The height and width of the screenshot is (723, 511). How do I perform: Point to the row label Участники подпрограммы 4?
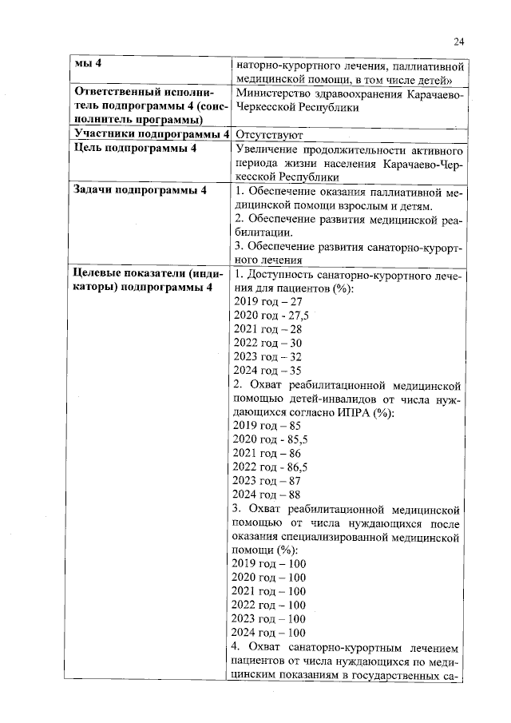click(x=151, y=134)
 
